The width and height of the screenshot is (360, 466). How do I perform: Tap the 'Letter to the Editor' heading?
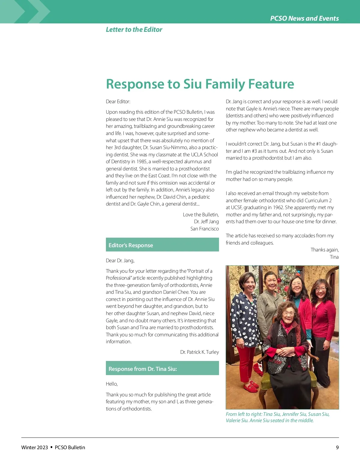[x=134, y=29]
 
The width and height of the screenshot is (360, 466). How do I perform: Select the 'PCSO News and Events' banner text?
[x=304, y=18]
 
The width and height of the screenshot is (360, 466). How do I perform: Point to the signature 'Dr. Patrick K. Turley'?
[x=199, y=352]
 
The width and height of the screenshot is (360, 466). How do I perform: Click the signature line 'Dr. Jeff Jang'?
[x=206, y=221]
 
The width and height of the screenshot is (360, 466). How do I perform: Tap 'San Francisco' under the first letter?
[x=204, y=229]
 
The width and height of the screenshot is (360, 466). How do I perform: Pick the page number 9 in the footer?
[x=337, y=447]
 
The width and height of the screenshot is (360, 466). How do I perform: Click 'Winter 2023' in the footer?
[x=34, y=447]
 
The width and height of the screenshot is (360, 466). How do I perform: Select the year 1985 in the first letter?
[x=142, y=161]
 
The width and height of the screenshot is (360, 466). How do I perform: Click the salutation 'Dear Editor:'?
[x=118, y=101]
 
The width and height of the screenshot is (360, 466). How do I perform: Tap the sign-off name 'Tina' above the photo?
[x=334, y=257]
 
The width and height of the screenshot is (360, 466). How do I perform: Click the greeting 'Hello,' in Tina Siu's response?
[x=112, y=384]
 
